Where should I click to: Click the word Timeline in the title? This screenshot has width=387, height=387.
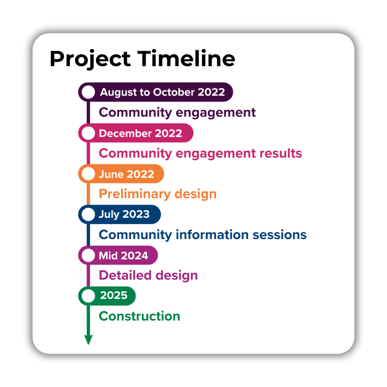pyautogui.click(x=186, y=58)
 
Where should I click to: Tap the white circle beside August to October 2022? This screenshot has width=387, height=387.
pyautogui.click(x=89, y=92)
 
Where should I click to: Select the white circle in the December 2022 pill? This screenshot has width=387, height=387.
pyautogui.click(x=89, y=133)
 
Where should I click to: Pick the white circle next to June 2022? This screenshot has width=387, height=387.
pyautogui.click(x=89, y=174)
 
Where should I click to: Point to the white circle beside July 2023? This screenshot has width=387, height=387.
pyautogui.click(x=89, y=215)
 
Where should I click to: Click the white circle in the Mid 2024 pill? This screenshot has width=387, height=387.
pyautogui.click(x=89, y=255)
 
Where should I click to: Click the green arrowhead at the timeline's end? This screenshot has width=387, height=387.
pyautogui.click(x=89, y=340)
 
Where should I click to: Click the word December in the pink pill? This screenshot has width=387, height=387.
pyautogui.click(x=125, y=133)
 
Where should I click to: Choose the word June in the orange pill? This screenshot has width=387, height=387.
pyautogui.click(x=111, y=174)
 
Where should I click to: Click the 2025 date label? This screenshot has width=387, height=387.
pyautogui.click(x=114, y=295)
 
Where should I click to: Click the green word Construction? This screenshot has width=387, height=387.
pyautogui.click(x=139, y=316)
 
